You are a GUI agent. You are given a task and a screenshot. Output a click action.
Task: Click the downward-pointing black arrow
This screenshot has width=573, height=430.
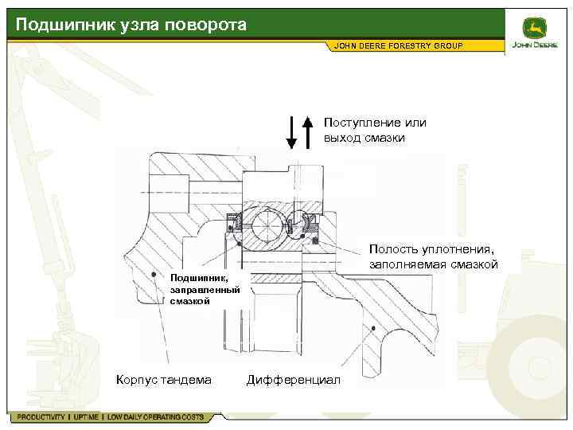(x=291, y=132)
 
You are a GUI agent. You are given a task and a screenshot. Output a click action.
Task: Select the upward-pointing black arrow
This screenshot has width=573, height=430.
(x=308, y=132)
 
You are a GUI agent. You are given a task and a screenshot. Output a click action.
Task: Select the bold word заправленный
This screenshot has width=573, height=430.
(x=199, y=290)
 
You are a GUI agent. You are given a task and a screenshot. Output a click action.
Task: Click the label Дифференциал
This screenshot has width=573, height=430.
(x=294, y=379)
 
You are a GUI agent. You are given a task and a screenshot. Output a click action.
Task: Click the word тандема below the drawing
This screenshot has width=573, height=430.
(x=188, y=379)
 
